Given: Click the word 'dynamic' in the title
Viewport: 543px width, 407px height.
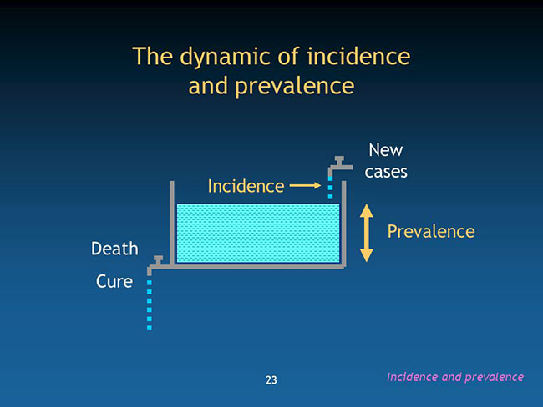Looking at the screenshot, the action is click(x=225, y=57).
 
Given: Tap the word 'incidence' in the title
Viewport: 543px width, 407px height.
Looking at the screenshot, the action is click(x=358, y=56).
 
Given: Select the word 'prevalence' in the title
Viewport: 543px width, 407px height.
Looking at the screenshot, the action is click(x=295, y=87).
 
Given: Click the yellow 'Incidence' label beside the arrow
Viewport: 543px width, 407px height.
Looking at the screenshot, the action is click(x=246, y=186).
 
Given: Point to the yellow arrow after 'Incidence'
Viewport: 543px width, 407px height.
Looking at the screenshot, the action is click(x=305, y=186).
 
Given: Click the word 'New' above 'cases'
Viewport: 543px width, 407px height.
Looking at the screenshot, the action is click(x=386, y=150).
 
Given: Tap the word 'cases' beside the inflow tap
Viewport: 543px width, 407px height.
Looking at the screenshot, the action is click(x=386, y=172).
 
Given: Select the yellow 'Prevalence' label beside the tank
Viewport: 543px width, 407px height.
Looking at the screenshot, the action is click(x=431, y=231).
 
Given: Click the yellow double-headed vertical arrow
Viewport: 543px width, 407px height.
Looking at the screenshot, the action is click(x=367, y=233).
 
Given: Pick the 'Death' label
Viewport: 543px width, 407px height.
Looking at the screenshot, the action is click(x=114, y=249).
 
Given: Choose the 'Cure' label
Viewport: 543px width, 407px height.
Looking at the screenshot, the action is click(x=114, y=281).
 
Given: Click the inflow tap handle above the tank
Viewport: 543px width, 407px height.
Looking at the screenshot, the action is click(x=339, y=160).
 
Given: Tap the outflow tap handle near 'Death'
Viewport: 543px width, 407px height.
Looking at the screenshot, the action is click(x=158, y=260).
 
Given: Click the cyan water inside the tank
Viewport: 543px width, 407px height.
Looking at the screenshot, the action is click(x=258, y=233).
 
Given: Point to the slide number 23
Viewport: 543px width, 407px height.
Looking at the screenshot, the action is click(x=271, y=380).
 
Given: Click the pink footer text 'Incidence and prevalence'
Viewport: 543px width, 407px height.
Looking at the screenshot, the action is click(x=455, y=377).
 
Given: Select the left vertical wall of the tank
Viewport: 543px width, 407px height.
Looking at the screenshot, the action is click(x=172, y=223).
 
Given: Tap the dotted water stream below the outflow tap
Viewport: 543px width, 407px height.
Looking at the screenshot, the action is click(x=150, y=305).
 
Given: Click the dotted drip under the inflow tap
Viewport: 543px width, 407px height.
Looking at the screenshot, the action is click(x=330, y=188).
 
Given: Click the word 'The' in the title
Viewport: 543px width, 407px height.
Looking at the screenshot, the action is click(x=152, y=56).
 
